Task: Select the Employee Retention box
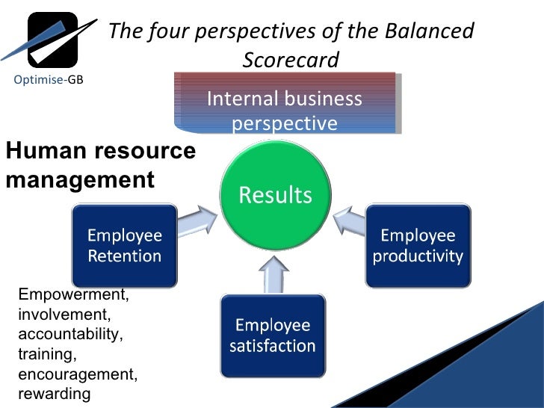click(124, 246)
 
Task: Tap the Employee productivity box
click(418, 246)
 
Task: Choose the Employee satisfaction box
click(272, 336)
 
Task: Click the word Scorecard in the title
click(291, 58)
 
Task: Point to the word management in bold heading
click(80, 179)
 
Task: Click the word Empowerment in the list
click(73, 295)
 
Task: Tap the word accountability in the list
click(70, 334)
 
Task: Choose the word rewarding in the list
click(54, 393)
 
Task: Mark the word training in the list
click(47, 353)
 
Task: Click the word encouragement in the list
click(77, 374)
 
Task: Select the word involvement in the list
click(64, 315)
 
